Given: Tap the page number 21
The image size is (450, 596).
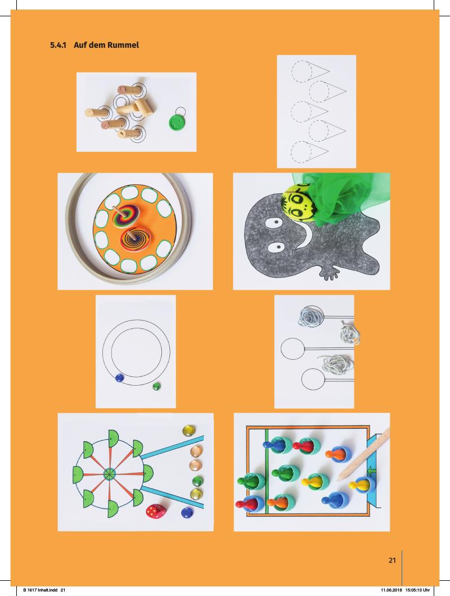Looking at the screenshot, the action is coord(392,560).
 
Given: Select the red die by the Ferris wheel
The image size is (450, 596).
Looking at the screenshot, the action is coord(156,511).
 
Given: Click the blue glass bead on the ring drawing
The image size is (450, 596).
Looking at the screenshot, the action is coord(119,377).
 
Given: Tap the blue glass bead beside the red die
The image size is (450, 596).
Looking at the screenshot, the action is coord(186,512).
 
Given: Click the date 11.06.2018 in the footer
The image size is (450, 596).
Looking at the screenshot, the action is coord(391,590).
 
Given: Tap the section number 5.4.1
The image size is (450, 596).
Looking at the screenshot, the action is coord(58,45).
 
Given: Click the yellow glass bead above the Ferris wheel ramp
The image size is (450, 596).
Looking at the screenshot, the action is coord(188,431).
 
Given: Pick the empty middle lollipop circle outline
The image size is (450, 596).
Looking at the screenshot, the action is coord(293,349).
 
